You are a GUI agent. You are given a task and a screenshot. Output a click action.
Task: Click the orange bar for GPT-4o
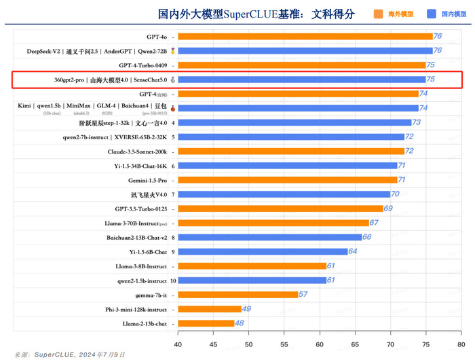(305, 37)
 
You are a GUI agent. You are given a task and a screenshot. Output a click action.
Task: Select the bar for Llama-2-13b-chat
(206, 323)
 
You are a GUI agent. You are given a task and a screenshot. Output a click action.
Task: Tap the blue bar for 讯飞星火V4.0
(284, 194)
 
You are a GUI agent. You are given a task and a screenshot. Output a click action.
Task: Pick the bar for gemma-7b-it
(238, 294)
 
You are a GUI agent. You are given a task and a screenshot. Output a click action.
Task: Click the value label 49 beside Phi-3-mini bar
(246, 309)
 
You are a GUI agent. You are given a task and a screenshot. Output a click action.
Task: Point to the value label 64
(352, 251)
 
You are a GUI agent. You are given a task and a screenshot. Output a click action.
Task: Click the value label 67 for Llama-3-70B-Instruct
(374, 223)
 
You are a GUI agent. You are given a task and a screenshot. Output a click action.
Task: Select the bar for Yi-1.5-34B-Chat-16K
(288, 166)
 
